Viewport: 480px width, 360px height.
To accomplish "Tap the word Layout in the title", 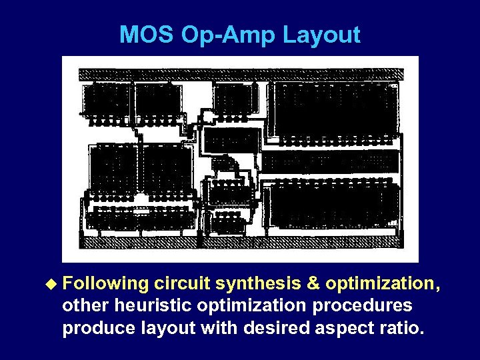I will tap(321, 35).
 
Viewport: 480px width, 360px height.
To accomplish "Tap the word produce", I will tap(93, 328).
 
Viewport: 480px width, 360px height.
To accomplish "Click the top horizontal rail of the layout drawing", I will tap(241, 73).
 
